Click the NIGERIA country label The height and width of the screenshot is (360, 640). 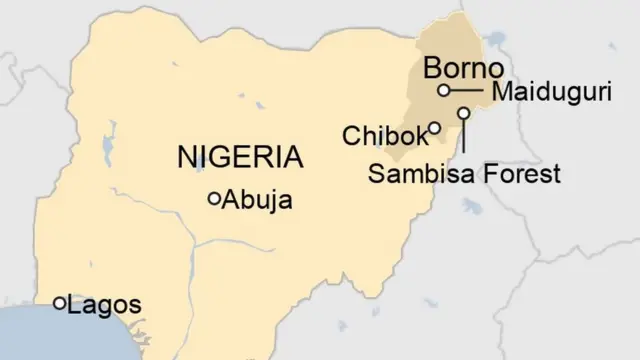pos(240,157)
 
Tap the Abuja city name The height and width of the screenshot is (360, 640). pos(258,200)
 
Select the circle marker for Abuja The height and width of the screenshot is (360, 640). pos(213,200)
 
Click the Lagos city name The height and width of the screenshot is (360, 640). pos(104,305)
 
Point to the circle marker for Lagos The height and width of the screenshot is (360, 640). pos(59,302)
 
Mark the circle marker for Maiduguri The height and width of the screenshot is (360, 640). pos(443,90)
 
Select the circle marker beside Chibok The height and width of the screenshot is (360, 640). pos(435,127)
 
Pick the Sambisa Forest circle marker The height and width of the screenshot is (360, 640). pos(464,113)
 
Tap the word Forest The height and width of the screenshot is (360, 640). pos(521,174)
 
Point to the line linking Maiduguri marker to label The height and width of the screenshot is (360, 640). pos(466,90)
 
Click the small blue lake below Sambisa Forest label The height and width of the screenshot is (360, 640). pos(469,207)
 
